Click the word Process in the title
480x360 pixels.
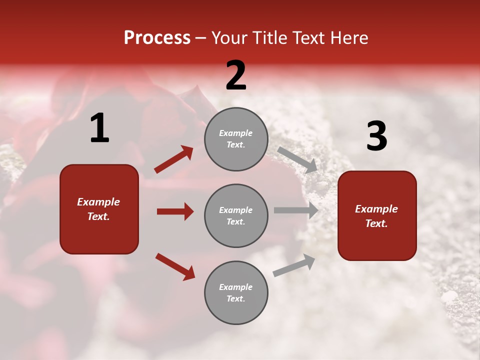[x=157, y=37]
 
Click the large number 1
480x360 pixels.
[x=99, y=128]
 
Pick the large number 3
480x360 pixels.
[x=376, y=136]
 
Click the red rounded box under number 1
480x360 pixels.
[x=99, y=209]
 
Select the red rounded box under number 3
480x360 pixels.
[x=377, y=215]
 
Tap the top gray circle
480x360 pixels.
[x=236, y=139]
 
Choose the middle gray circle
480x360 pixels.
[x=236, y=215]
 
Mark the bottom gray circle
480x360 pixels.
[x=236, y=292]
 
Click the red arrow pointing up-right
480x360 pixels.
[x=173, y=159]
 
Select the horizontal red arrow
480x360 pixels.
[x=175, y=211]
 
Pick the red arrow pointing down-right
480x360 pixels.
[x=175, y=266]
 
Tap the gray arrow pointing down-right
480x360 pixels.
[x=297, y=159]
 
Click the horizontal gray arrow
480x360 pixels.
[x=296, y=210]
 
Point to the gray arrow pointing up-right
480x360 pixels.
[x=294, y=265]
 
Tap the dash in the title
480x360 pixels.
[x=201, y=38]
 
